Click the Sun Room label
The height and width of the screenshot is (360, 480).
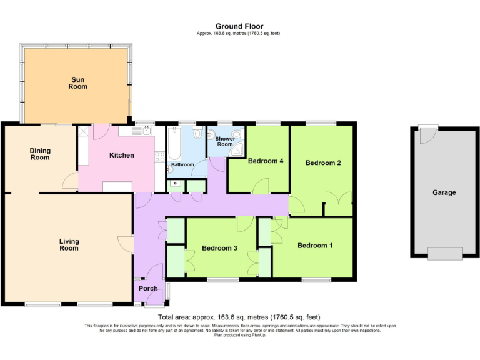78,83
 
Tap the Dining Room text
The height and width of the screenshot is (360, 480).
40,154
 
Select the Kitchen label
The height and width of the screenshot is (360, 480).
122,155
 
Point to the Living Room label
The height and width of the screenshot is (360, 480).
69,244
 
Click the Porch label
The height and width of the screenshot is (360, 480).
148,288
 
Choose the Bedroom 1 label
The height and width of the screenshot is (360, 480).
314,246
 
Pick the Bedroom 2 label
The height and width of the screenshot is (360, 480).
322,163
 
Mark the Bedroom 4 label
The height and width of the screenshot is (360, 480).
266,161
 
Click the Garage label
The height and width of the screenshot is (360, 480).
444,193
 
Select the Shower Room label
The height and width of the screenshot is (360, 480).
225,141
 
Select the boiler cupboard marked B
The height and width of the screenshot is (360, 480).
176,184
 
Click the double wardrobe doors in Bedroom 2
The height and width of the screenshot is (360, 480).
338,203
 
